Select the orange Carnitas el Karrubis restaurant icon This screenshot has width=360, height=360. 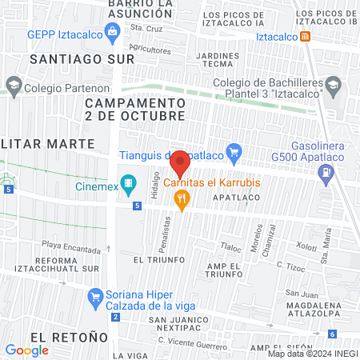[x=183, y=199]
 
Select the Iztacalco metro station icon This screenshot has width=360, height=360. [x=307, y=37]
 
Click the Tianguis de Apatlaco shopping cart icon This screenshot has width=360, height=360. [x=234, y=151]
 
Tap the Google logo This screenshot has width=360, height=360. [x=27, y=350]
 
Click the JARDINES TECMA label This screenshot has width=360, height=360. [x=218, y=60]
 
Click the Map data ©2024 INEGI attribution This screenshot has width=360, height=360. [x=312, y=354]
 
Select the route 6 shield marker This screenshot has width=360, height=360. [x=332, y=334]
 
